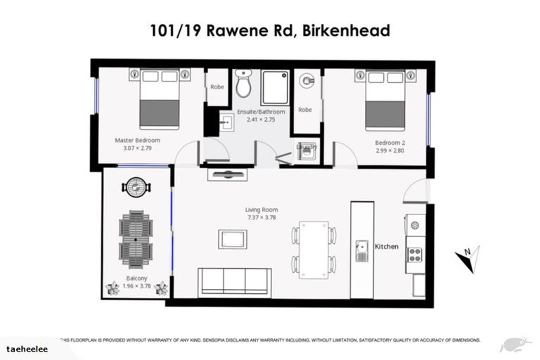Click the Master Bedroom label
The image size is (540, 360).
point(137,140)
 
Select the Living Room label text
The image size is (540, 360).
point(262,210)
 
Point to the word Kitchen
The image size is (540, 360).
point(387,247)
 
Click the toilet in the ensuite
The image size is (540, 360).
point(243,84)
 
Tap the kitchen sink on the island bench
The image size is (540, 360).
point(363,248)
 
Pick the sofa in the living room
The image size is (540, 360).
point(233,282)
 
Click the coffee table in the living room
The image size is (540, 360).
point(232,239)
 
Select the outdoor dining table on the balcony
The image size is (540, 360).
point(136,239)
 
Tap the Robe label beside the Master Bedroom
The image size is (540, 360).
point(216,86)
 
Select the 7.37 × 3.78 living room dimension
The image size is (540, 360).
point(262,218)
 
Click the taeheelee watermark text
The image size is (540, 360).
point(26,347)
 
